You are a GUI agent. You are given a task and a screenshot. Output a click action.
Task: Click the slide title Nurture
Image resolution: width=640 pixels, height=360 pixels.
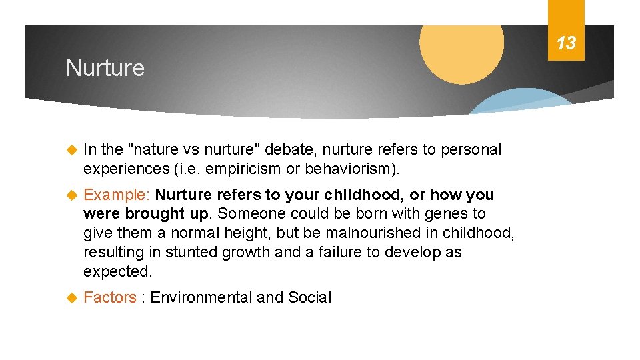click(105, 68)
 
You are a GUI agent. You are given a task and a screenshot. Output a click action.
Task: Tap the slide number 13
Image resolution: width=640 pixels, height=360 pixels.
click(566, 44)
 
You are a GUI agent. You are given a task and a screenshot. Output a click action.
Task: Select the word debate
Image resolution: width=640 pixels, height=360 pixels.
click(307, 150)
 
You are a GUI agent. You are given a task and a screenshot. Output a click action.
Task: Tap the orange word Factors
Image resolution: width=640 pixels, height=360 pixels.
click(110, 297)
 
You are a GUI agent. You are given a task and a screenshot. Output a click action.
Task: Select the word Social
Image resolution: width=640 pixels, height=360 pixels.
click(309, 297)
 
